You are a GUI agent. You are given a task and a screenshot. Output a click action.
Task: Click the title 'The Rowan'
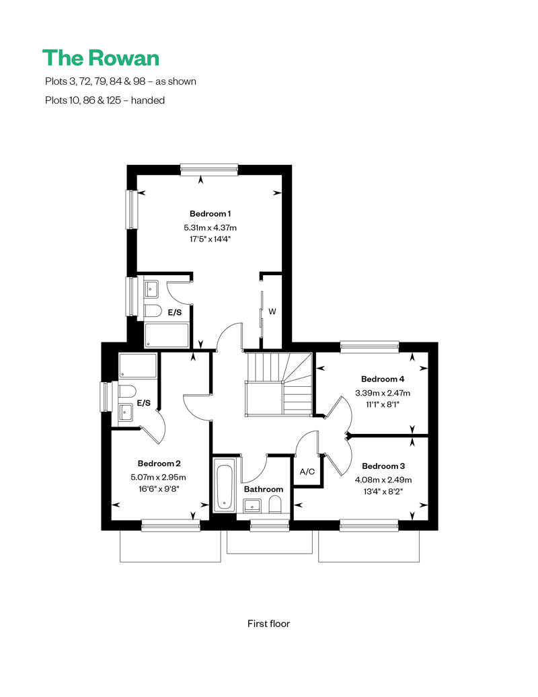click(101, 58)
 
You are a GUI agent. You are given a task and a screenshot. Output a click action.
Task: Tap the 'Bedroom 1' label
click(210, 214)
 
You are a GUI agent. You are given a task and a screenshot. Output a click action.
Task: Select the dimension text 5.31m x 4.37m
click(210, 227)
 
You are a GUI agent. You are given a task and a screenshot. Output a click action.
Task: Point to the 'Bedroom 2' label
click(159, 464)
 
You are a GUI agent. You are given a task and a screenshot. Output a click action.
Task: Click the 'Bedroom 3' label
click(383, 466)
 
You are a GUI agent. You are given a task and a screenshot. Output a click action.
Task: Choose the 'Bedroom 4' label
click(383, 379)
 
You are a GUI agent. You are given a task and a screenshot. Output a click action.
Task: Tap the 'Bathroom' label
click(264, 489)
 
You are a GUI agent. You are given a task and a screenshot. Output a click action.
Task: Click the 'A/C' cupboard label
click(307, 472)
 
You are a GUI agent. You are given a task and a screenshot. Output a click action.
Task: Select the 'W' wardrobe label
click(272, 311)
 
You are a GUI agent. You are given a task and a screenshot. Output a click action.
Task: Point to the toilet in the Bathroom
click(276, 505)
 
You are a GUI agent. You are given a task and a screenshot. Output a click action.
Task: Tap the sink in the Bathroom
click(252, 505)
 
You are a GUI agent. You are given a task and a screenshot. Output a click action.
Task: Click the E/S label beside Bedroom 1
click(175, 312)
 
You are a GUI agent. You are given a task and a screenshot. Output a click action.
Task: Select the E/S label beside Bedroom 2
click(143, 403)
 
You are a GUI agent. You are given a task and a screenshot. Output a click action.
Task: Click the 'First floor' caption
click(268, 624)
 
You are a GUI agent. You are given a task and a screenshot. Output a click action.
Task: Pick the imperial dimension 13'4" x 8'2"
click(383, 492)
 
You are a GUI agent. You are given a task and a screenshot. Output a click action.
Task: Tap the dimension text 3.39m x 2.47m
click(383, 393)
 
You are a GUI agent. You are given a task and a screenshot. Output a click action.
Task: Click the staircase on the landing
click(279, 383)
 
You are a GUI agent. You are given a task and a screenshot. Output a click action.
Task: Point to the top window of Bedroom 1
click(209, 169)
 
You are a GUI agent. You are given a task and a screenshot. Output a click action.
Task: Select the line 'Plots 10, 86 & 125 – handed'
click(105, 100)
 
